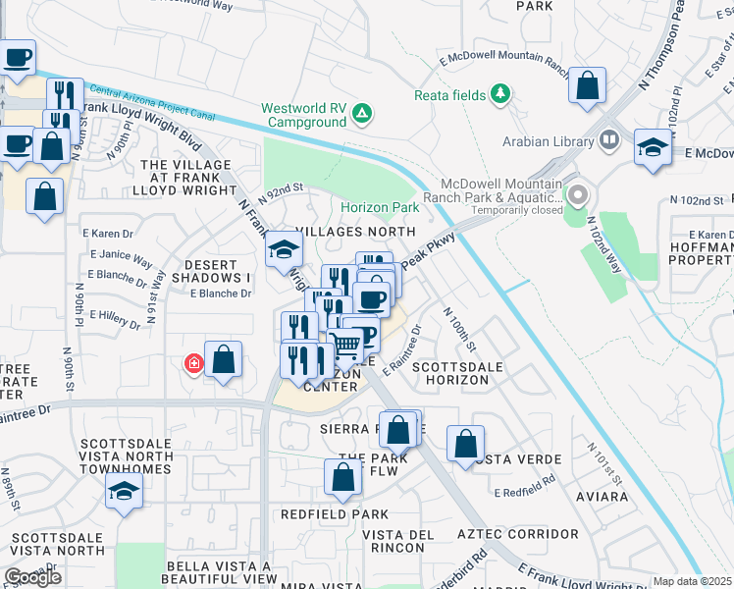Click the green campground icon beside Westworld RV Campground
pos(362,115)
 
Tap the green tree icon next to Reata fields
pos(501,93)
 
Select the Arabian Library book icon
pos(608,140)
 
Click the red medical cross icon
pos(193,364)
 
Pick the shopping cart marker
pos(344,346)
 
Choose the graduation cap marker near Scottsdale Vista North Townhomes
pos(124,491)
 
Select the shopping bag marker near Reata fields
pos(587,85)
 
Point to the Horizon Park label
pos(380,208)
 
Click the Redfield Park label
pos(334,514)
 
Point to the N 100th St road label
pos(459,330)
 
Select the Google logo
pos(32,577)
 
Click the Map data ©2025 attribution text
pos(692,581)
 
